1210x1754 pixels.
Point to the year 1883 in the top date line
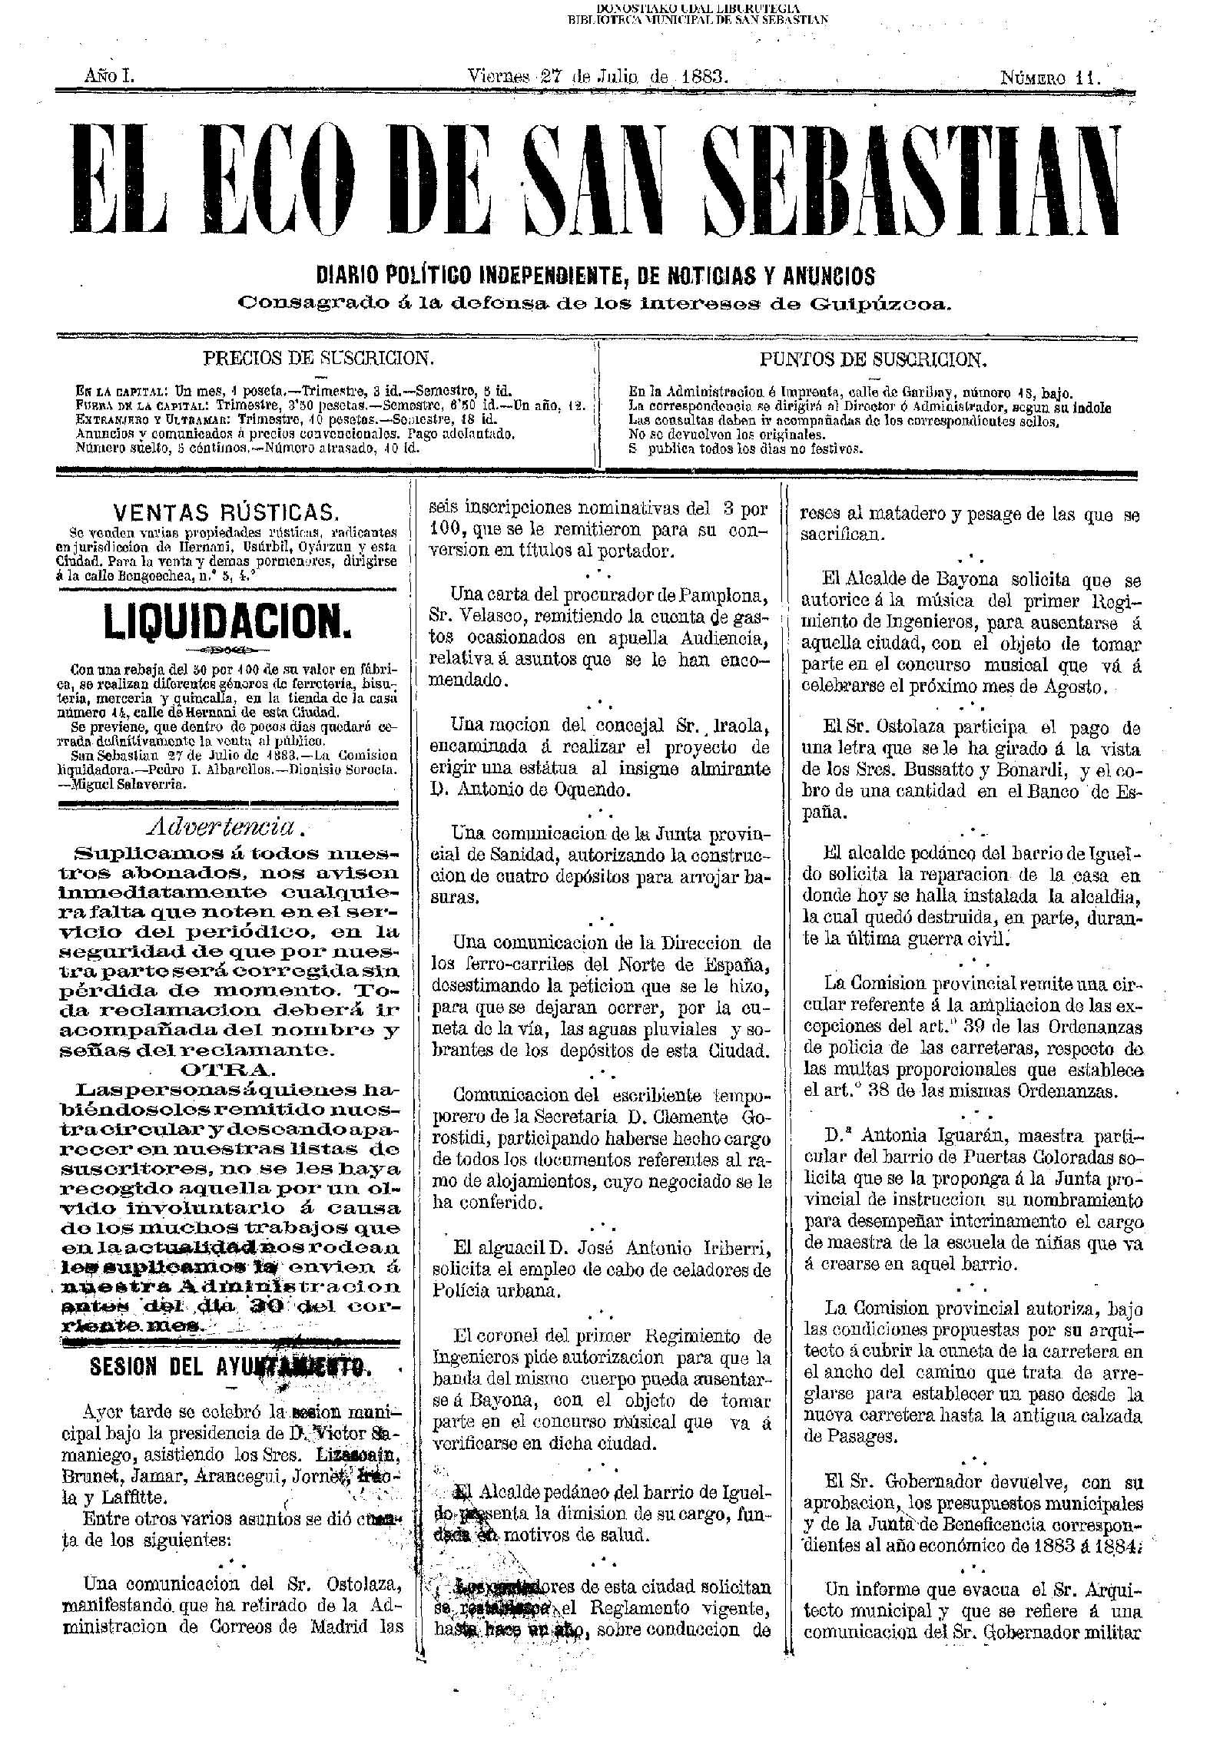700,77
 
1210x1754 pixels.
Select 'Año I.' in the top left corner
110,77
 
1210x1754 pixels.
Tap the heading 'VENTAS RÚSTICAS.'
225,512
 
